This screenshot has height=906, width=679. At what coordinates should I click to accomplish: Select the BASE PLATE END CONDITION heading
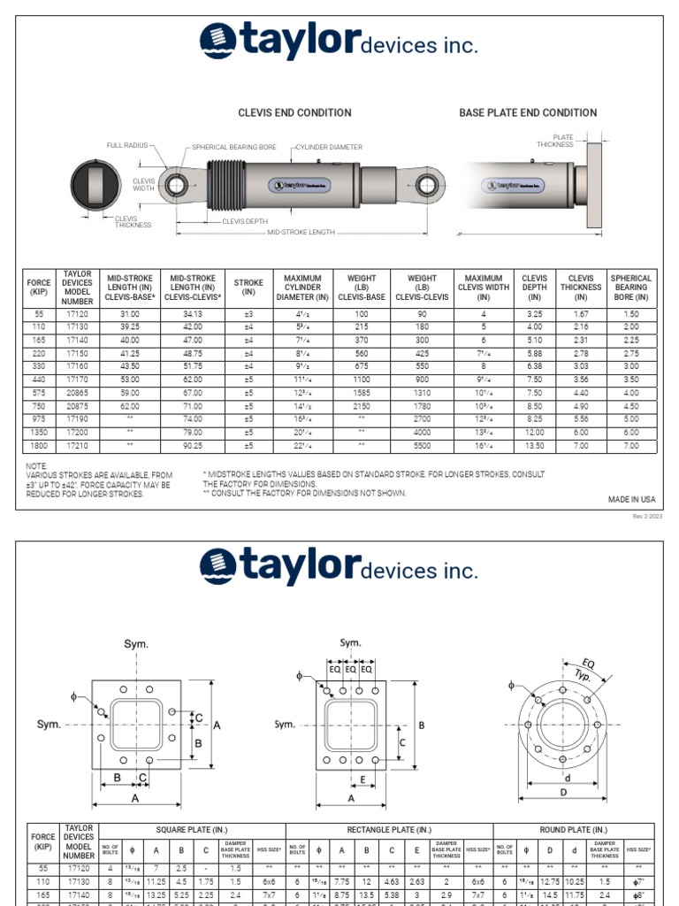click(x=528, y=112)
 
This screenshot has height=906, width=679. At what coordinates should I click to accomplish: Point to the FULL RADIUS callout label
click(x=127, y=145)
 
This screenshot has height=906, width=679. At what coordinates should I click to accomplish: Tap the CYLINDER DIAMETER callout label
click(x=329, y=147)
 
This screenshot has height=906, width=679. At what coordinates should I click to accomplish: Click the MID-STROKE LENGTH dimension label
click(x=301, y=232)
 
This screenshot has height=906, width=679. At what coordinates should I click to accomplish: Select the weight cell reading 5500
click(x=422, y=446)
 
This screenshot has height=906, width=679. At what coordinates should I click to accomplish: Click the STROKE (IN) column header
click(x=248, y=288)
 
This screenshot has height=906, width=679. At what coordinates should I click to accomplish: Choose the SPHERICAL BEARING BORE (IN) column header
click(x=630, y=288)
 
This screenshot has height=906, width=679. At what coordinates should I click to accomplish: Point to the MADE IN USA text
click(x=631, y=500)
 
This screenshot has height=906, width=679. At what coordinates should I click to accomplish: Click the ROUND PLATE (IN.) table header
click(x=573, y=829)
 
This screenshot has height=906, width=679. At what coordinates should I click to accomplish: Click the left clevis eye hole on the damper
click(x=176, y=186)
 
